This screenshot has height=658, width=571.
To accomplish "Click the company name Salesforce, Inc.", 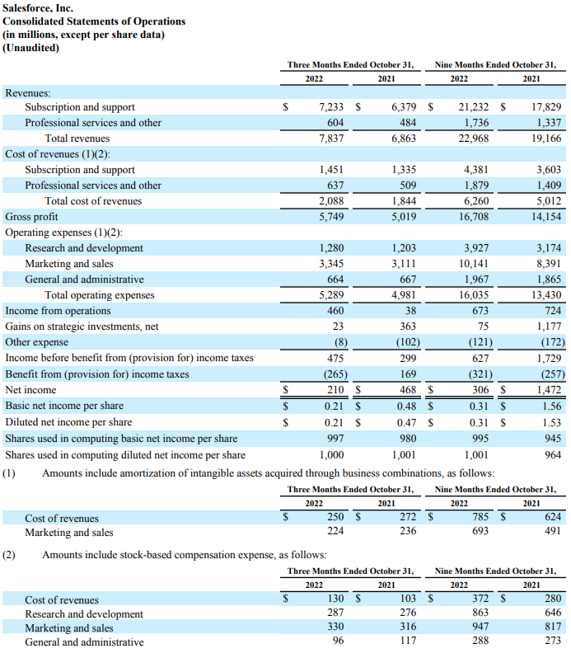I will tap(39, 8).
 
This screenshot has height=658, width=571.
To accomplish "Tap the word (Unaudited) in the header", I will tap(31, 48).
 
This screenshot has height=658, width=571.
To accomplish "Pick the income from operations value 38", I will tap(409, 311).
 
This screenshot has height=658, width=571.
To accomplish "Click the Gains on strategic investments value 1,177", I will tap(548, 327).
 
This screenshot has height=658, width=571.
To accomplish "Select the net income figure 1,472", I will tap(548, 390).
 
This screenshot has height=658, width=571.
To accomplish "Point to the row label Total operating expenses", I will tap(100, 295).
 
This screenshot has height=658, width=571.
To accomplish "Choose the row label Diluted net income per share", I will tap(68, 422).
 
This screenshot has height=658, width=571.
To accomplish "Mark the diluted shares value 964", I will tap(553, 454).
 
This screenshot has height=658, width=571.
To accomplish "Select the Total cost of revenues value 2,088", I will tap(330, 201).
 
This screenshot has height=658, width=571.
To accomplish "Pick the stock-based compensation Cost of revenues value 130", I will tap(335, 599).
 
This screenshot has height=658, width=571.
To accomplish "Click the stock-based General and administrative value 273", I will tap(553, 642).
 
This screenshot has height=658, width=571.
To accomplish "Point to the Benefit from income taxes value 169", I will tap(406, 374).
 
